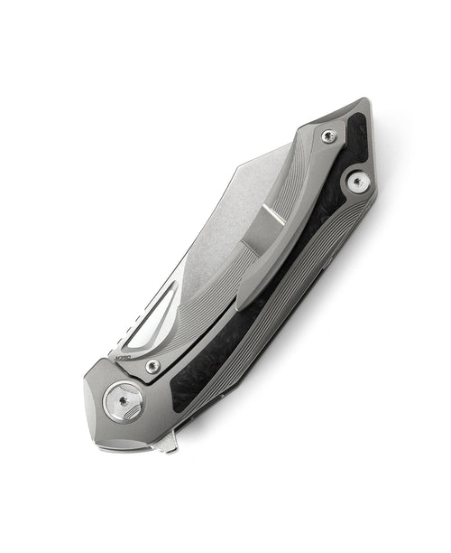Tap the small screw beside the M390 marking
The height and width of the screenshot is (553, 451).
point(153,365)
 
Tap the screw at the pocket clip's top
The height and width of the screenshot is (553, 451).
point(327,136)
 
